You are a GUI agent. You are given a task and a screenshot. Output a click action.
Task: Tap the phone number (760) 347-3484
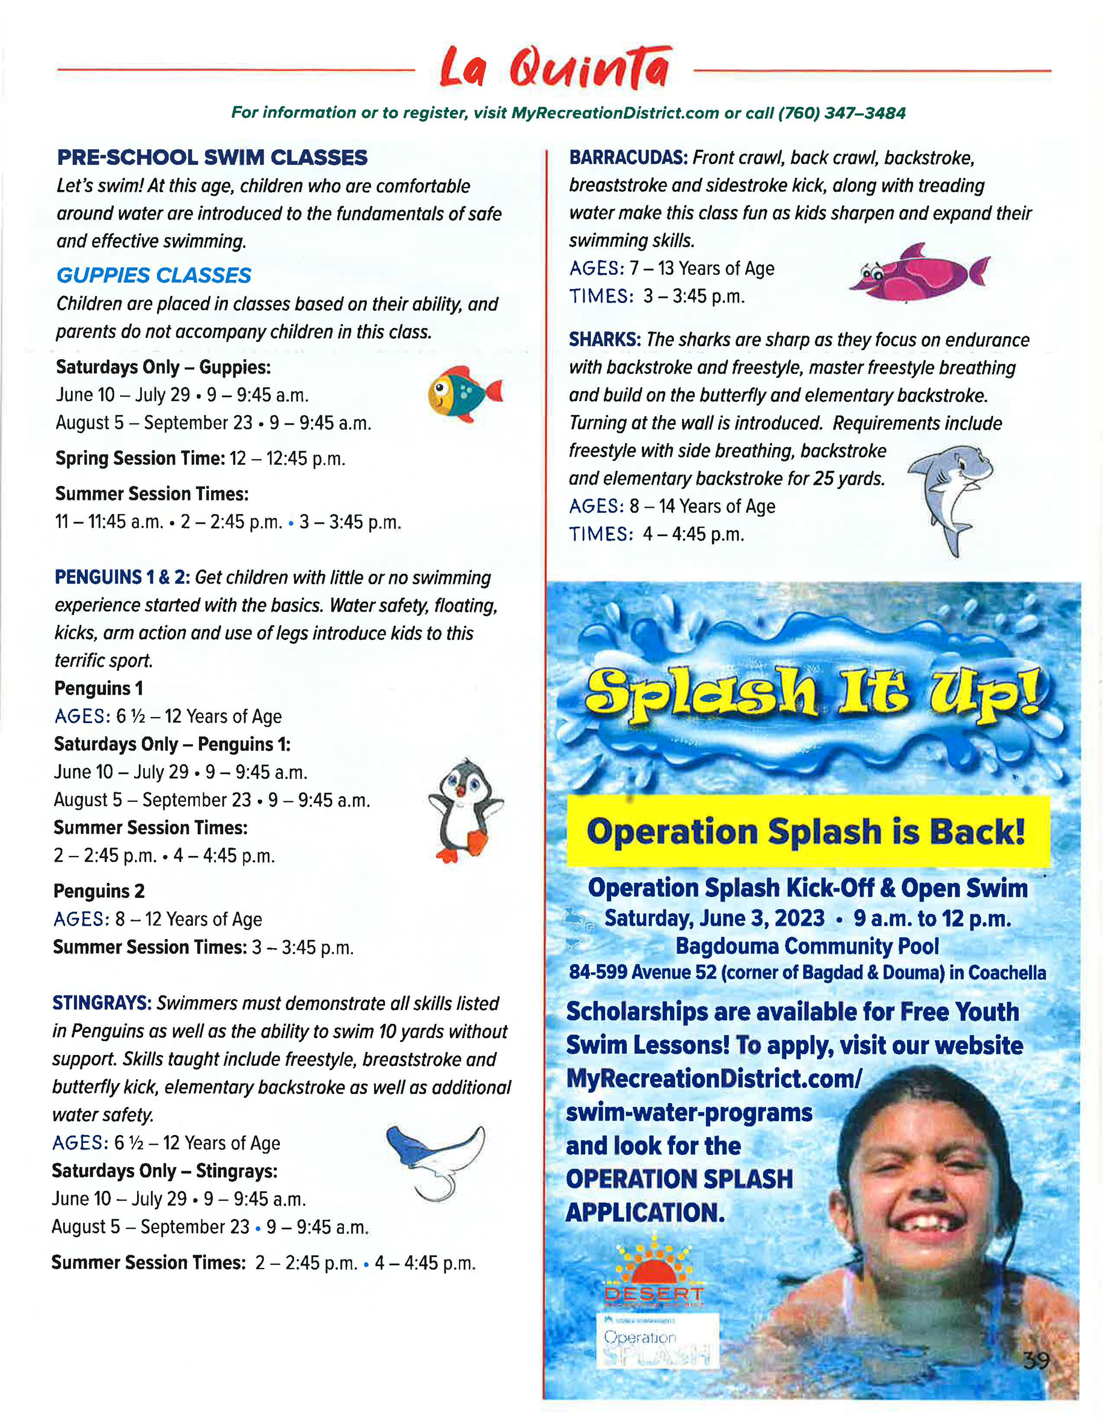pyautogui.click(x=841, y=113)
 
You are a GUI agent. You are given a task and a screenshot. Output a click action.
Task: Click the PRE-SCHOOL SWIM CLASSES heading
pyautogui.click(x=212, y=158)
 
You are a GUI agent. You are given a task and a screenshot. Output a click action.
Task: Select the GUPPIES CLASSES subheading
pyautogui.click(x=153, y=275)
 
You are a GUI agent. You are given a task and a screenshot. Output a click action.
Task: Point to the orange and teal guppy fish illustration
pyautogui.click(x=464, y=393)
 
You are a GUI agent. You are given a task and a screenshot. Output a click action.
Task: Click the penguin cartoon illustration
pyautogui.click(x=465, y=811)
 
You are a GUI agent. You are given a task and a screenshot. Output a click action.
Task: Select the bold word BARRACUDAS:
pyautogui.click(x=628, y=158)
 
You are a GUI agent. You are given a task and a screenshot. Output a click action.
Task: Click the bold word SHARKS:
pyautogui.click(x=605, y=340)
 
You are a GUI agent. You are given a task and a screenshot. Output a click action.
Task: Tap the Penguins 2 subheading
pyautogui.click(x=99, y=891)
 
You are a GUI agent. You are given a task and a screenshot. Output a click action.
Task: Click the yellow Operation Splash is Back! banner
pyautogui.click(x=807, y=832)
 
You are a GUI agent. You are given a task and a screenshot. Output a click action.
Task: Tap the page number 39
pyautogui.click(x=1036, y=1361)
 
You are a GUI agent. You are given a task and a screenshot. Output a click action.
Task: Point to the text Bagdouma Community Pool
pyautogui.click(x=807, y=946)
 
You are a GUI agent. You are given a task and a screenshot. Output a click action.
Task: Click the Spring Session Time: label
pyautogui.click(x=140, y=458)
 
